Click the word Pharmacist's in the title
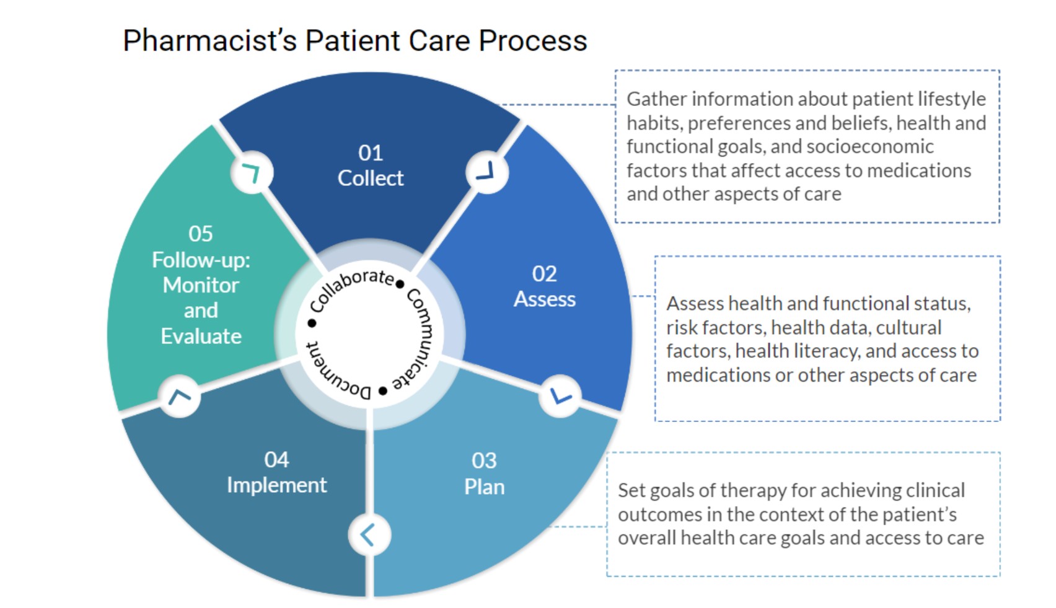[x=210, y=40]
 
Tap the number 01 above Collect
[x=371, y=152]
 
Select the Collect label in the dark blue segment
[x=371, y=178]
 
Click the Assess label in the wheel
[x=545, y=299]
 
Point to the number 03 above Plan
[x=484, y=460]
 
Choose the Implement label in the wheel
[x=277, y=485]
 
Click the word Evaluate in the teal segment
[x=201, y=337]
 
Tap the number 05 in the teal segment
[x=201, y=233]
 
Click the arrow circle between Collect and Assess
[x=487, y=172]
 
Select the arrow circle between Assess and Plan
[x=560, y=396]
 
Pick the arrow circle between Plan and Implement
[x=369, y=535]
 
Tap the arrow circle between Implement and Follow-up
[x=179, y=397]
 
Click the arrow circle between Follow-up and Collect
[x=252, y=172]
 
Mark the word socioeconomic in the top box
[x=870, y=147]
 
